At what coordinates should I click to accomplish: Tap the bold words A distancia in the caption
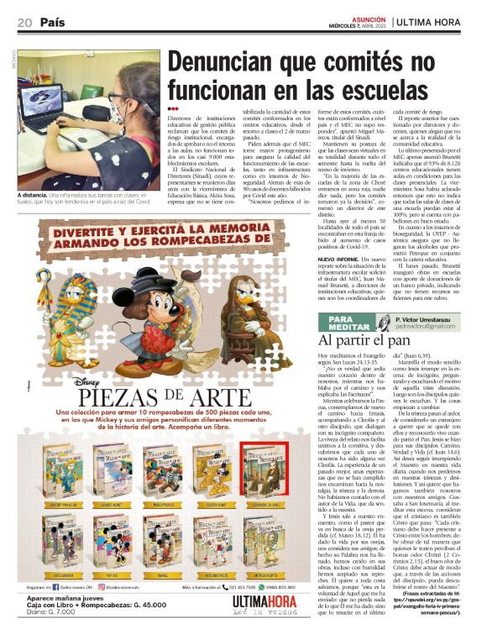39,196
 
